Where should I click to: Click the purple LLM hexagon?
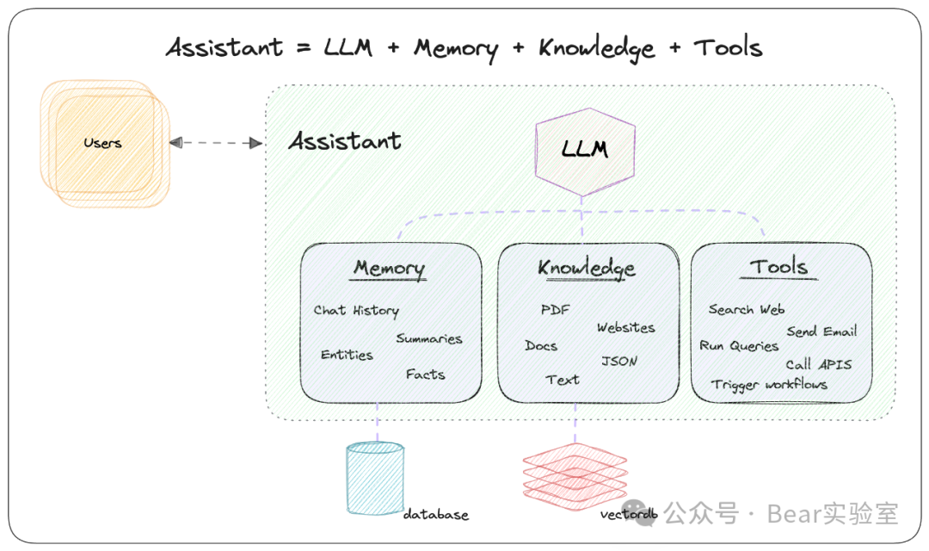(585, 148)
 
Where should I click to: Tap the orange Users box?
(103, 143)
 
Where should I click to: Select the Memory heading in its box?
(389, 268)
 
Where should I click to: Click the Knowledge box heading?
(587, 268)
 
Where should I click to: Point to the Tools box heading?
(778, 267)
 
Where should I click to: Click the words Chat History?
(356, 310)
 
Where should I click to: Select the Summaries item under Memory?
(428, 338)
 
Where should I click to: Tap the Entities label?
(347, 355)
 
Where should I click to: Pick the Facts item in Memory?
(426, 375)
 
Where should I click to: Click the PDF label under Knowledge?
(555, 310)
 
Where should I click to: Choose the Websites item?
(625, 328)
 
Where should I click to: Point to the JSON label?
(619, 361)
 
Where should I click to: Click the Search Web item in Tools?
(746, 309)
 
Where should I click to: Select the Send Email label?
(821, 331)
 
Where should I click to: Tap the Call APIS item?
(818, 364)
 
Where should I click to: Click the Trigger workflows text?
(769, 384)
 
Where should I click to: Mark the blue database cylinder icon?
(374, 478)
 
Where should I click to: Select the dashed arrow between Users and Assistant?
(216, 143)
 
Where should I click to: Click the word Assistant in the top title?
(225, 47)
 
